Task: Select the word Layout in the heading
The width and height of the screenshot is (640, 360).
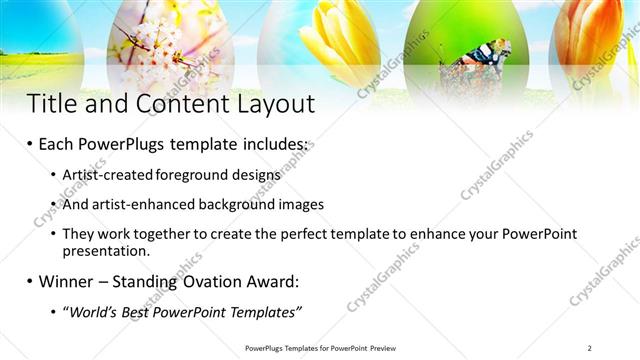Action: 271,104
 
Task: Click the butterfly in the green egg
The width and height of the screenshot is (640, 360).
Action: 466,68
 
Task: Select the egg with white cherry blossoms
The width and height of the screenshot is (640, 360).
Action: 161,40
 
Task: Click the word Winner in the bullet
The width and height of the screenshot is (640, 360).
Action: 69,281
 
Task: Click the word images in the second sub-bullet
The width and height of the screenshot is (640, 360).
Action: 300,204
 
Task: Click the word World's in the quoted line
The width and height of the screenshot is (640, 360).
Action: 95,312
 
